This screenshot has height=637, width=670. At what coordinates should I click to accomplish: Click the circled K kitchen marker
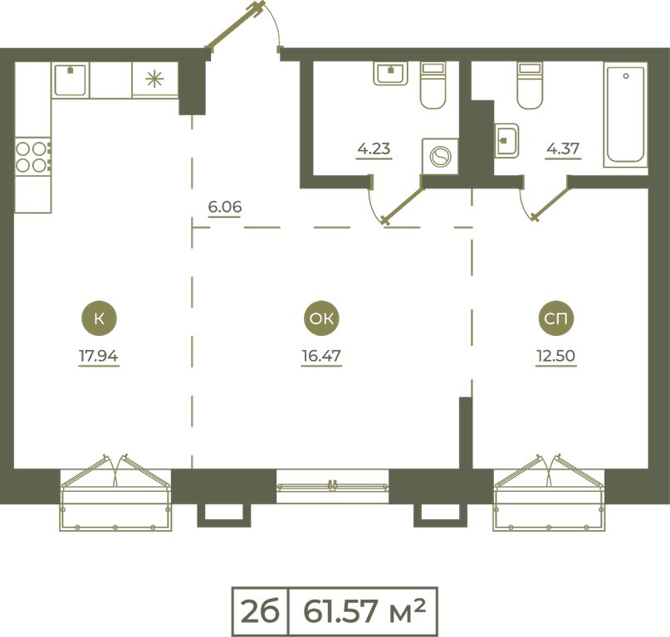click(99, 318)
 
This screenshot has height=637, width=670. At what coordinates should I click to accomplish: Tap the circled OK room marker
click(321, 318)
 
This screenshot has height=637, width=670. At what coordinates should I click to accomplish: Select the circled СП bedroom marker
click(556, 318)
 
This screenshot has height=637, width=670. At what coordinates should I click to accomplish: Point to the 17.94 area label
click(99, 356)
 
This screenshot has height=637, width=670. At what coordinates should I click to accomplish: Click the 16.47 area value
click(321, 356)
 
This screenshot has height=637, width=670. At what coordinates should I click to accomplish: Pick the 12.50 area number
click(556, 356)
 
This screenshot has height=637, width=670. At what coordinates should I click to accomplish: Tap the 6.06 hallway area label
click(225, 207)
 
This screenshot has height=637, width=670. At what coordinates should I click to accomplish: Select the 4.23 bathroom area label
click(374, 149)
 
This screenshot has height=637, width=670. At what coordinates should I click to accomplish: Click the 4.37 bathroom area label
click(563, 149)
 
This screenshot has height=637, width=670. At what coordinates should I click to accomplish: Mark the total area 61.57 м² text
click(364, 611)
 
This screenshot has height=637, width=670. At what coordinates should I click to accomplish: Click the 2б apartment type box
click(260, 611)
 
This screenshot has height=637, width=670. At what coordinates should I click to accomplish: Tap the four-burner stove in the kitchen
click(32, 156)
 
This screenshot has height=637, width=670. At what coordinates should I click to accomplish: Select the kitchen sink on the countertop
click(71, 80)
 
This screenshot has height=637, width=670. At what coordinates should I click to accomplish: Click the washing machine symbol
click(440, 156)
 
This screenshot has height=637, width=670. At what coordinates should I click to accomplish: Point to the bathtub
click(625, 114)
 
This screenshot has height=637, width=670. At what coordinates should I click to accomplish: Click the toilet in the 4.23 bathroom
click(433, 85)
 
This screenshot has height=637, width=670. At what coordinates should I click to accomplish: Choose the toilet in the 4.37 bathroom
click(530, 85)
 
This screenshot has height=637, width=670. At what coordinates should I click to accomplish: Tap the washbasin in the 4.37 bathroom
click(507, 141)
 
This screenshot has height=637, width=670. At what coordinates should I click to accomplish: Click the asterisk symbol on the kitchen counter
click(154, 80)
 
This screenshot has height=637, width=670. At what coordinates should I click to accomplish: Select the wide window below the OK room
click(332, 486)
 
